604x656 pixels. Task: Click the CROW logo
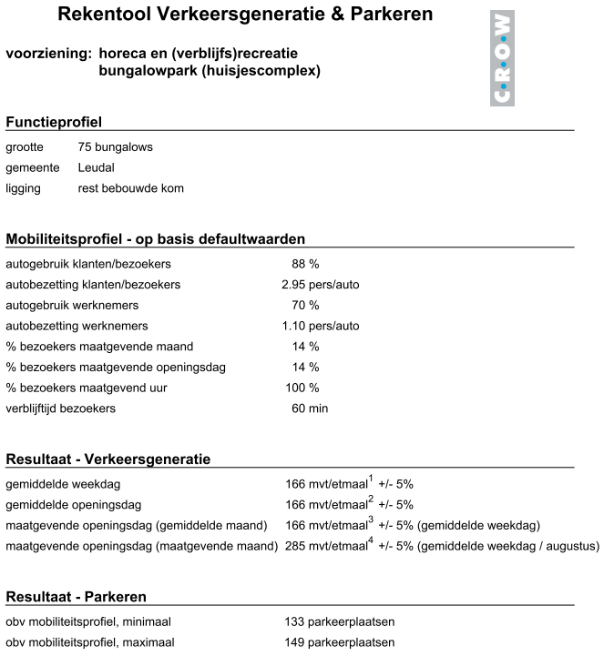coord(502,58)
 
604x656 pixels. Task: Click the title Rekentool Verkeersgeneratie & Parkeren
coord(245,15)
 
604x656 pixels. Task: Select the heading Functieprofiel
coord(54,123)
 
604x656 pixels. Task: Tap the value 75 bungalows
coord(116,147)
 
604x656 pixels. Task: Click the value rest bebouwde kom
coord(131,189)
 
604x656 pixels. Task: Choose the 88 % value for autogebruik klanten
coord(304,264)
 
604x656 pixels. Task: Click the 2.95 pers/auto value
coord(320,285)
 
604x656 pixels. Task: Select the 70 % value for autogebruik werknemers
coord(304,306)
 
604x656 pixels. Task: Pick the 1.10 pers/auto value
coord(320,327)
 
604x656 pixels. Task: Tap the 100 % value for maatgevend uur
coord(302,389)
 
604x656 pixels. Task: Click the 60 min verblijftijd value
coord(309,409)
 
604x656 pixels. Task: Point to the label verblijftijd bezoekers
coord(61,409)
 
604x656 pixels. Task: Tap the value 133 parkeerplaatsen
coord(340,622)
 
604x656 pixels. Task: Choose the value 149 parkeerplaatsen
coord(340,643)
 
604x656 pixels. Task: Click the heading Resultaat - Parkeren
coord(77,598)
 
